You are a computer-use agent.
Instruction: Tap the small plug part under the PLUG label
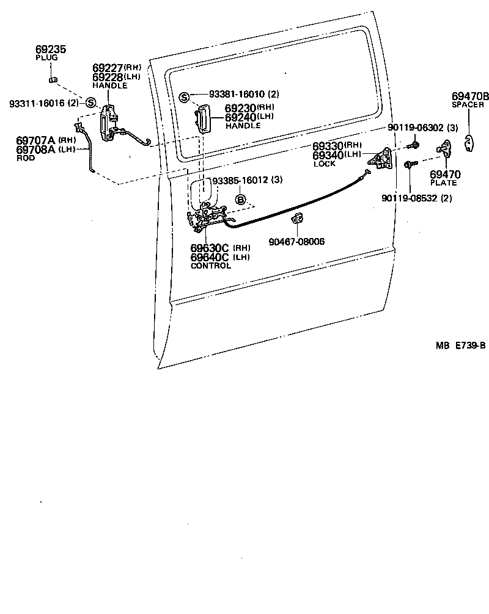(53, 79)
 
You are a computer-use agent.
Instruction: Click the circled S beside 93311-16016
(90, 103)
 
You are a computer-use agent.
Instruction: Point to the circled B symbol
(241, 200)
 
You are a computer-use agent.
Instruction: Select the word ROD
(26, 158)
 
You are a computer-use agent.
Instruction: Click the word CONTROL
(211, 266)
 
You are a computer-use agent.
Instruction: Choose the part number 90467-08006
(296, 242)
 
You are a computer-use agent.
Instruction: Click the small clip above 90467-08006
(298, 219)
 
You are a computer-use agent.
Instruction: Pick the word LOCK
(325, 164)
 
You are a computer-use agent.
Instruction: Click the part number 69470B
(470, 96)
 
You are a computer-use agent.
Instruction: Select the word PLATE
(444, 183)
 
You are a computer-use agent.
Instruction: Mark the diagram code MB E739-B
(460, 345)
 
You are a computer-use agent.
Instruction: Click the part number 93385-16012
(238, 181)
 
